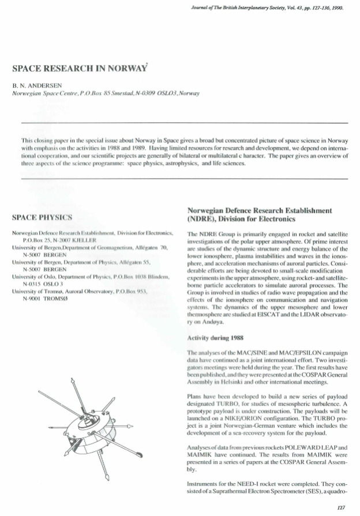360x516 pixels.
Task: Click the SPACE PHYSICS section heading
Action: pyautogui.click(x=42, y=217)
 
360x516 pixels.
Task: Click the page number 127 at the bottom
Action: pyautogui.click(x=339, y=507)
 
